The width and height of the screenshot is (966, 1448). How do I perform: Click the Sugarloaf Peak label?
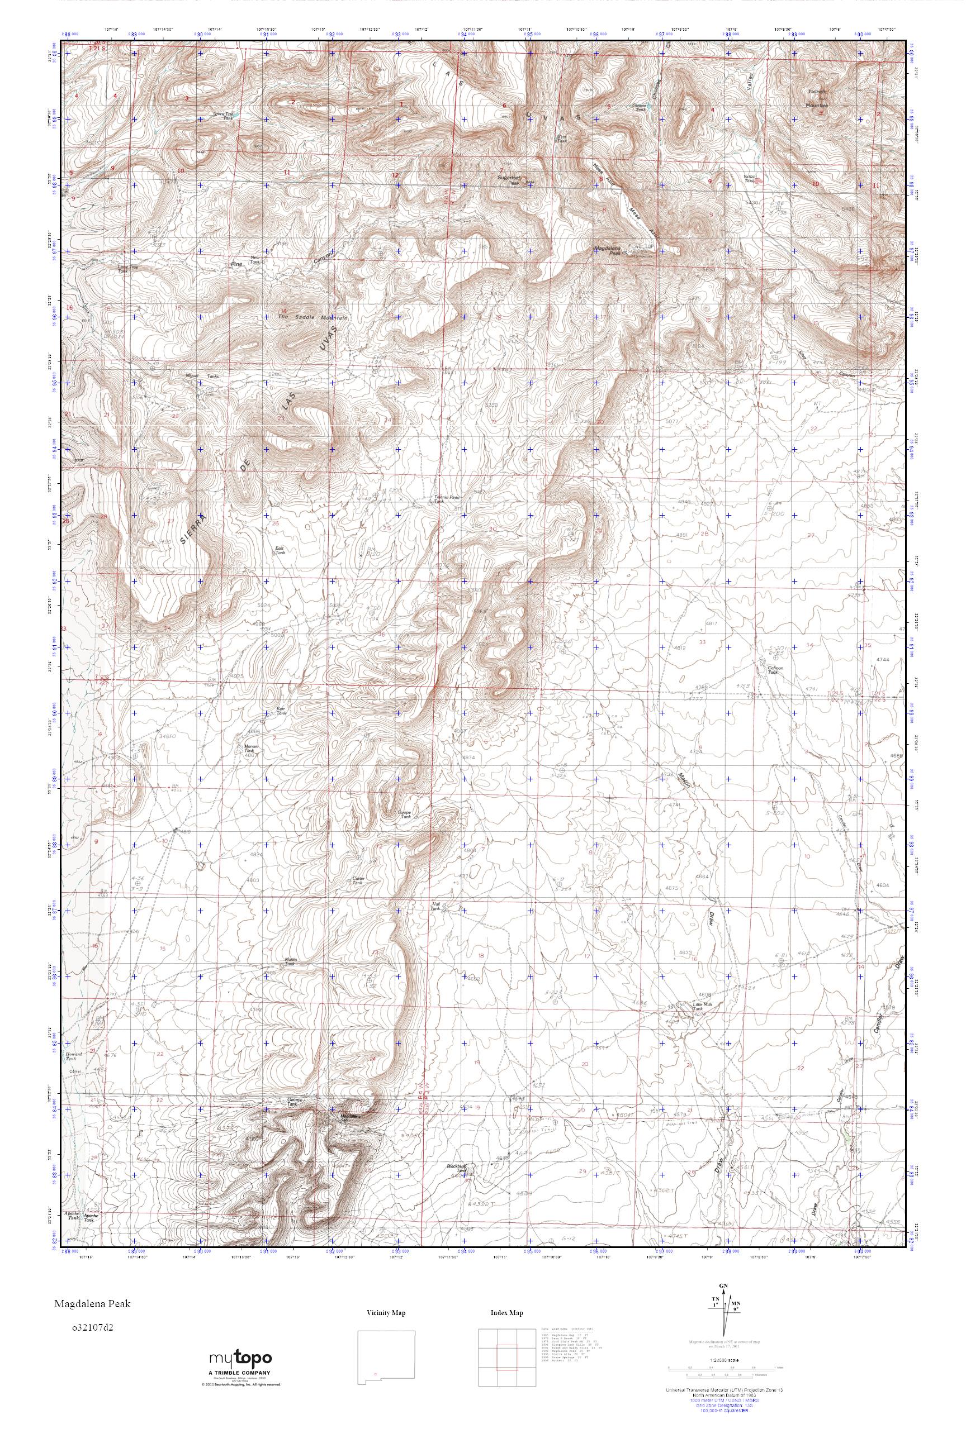509,180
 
